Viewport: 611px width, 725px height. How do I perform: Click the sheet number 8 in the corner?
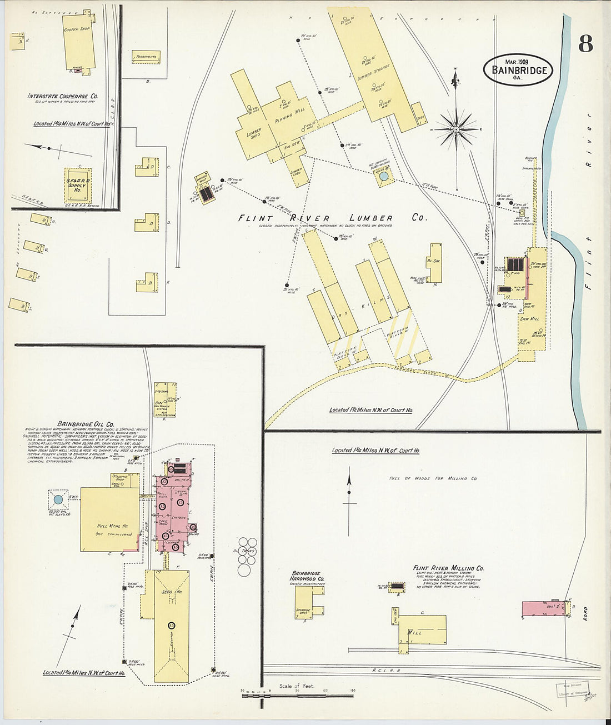click(x=585, y=43)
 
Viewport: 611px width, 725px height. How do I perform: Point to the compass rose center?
click(x=455, y=129)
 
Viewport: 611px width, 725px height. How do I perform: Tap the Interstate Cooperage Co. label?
click(x=63, y=96)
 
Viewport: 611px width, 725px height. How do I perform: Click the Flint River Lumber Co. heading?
click(x=332, y=218)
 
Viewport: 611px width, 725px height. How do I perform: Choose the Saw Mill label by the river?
click(x=529, y=319)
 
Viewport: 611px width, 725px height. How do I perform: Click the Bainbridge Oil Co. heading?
click(x=82, y=423)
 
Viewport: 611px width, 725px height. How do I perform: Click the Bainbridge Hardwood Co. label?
click(x=307, y=576)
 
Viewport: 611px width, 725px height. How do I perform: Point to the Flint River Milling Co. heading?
click(x=448, y=568)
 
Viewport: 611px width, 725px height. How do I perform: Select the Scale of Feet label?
click(x=296, y=686)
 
